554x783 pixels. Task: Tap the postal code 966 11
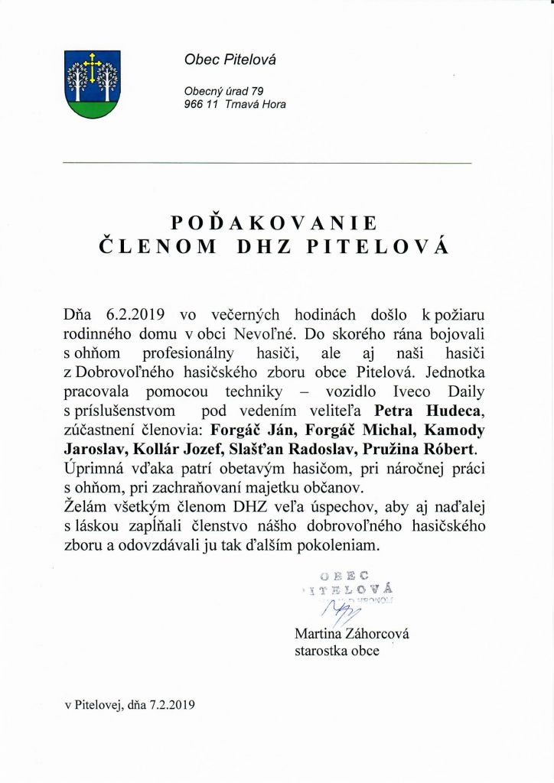[x=197, y=105]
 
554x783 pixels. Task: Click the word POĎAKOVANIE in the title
[x=275, y=223]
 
